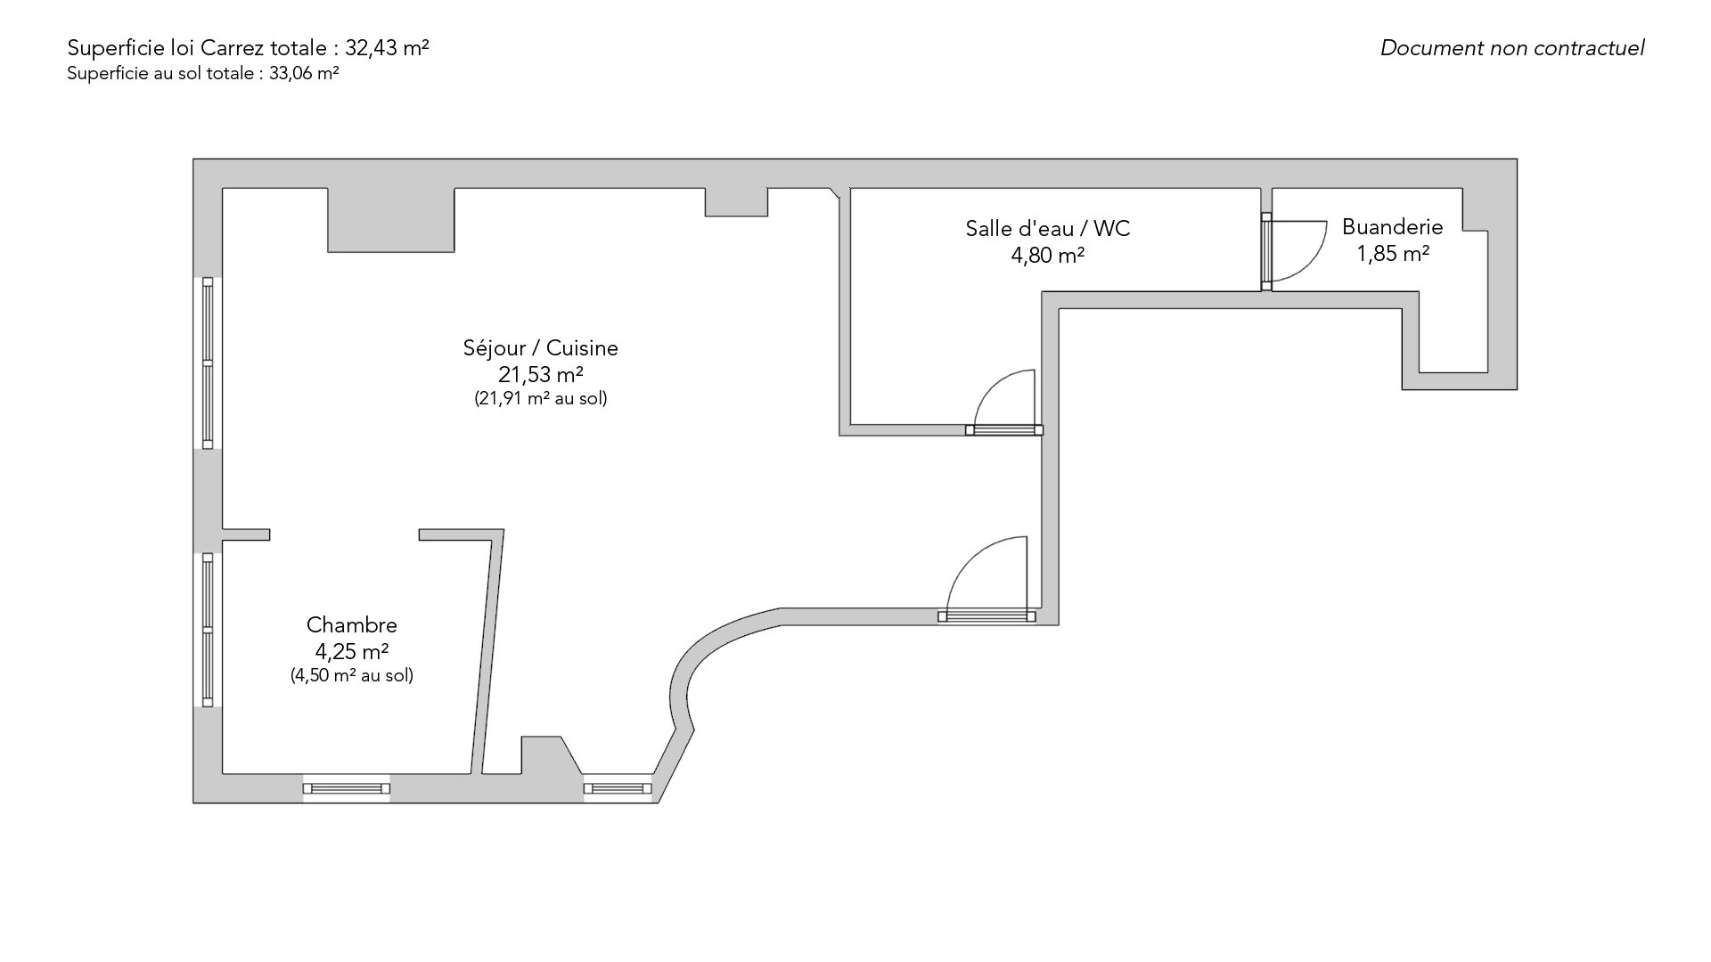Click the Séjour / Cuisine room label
(x=540, y=348)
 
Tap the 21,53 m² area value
(x=540, y=375)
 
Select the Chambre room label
(x=351, y=624)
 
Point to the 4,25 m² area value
(x=351, y=651)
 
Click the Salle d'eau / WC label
(x=1048, y=229)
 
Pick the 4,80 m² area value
(x=1048, y=256)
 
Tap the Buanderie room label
(x=1392, y=227)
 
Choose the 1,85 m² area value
(x=1392, y=254)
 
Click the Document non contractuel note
(x=1512, y=48)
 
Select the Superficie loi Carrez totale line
(x=248, y=48)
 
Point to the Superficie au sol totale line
(x=202, y=74)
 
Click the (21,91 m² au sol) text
(x=540, y=399)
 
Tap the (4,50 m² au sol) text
(x=351, y=675)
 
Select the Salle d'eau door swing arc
(x=991, y=385)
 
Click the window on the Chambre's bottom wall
(x=347, y=788)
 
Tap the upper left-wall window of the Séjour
(x=208, y=363)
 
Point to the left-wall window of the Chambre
(x=208, y=630)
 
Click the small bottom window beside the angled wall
(x=618, y=788)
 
